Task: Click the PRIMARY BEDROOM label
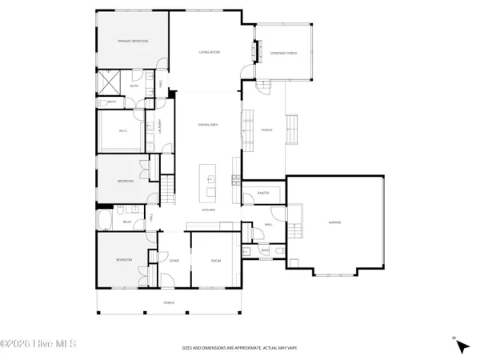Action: click(x=133, y=41)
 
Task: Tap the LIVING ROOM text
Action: click(x=210, y=52)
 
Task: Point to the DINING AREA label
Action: click(x=209, y=124)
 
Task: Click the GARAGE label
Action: click(x=334, y=222)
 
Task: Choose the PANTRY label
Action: click(x=262, y=193)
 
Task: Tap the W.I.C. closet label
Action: click(x=124, y=131)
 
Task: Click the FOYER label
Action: click(x=174, y=261)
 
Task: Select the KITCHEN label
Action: click(x=210, y=210)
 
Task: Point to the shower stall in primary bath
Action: click(x=106, y=81)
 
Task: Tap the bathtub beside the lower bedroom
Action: click(x=107, y=222)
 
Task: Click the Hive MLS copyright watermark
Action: click(x=38, y=345)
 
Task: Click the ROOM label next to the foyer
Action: click(x=215, y=261)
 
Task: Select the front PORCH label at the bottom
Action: click(x=169, y=302)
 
